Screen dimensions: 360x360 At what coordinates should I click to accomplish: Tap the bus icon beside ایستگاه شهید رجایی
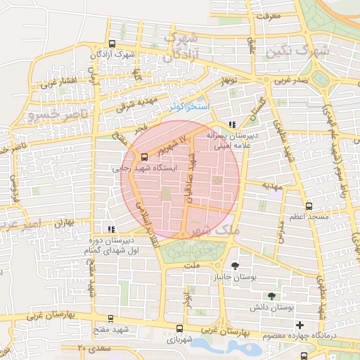click(x=144, y=157)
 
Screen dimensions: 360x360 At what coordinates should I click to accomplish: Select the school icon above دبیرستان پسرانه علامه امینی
click(x=233, y=124)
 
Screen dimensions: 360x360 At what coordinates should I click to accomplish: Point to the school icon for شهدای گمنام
click(x=110, y=229)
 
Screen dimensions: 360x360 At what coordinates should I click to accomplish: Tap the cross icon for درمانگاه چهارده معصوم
click(x=300, y=325)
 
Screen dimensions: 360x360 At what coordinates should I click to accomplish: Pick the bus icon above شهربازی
click(x=179, y=328)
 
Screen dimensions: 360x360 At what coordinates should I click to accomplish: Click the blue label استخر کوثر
click(x=186, y=107)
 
